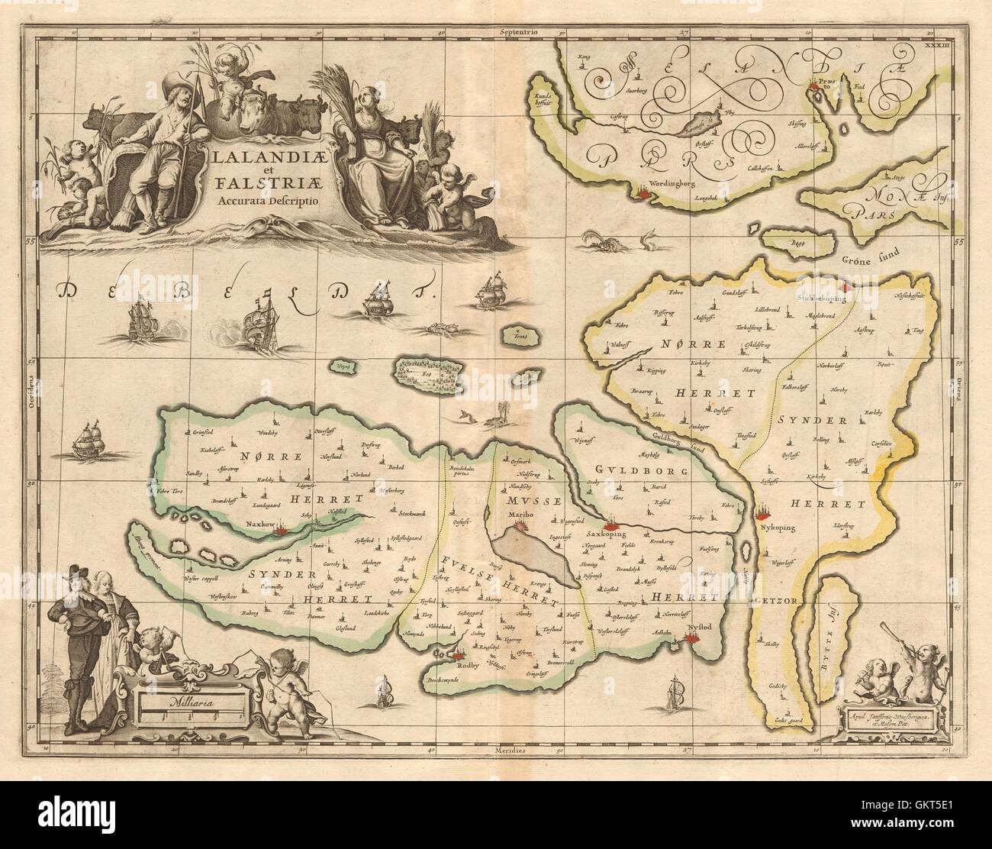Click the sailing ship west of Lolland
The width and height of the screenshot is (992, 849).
point(90,441)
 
